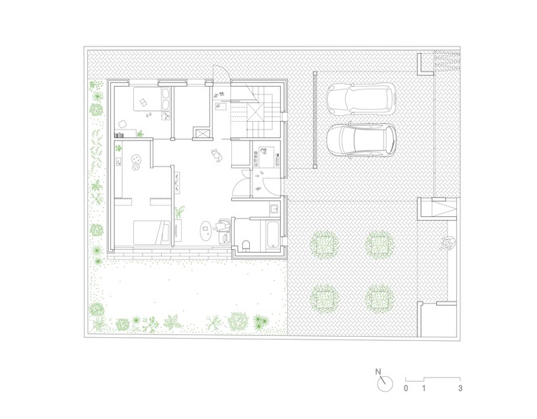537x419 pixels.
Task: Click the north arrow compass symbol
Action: (384, 382)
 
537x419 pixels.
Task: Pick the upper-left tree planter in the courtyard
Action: (324, 244)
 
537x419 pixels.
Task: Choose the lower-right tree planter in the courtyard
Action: (380, 297)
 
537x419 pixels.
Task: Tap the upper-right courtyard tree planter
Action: (380, 244)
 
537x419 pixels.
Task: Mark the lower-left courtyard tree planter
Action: (324, 297)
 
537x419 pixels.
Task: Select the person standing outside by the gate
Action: (449, 243)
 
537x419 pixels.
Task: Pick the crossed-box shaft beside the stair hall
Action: (203, 133)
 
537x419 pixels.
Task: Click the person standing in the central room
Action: (216, 153)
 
